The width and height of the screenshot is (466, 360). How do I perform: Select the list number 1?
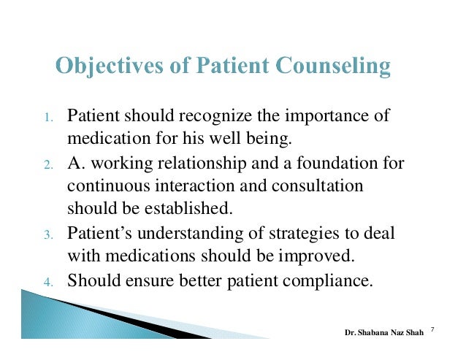tap(46, 118)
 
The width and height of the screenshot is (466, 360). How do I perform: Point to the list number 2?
tap(46, 164)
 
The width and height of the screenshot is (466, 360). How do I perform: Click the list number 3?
tap(46, 235)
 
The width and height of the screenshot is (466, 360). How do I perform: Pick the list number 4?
tap(46, 281)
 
